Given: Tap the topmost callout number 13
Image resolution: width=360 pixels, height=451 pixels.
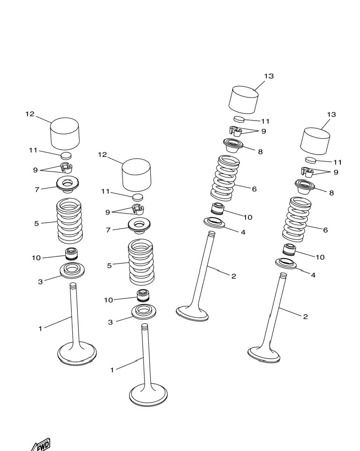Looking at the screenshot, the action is pos(269,76).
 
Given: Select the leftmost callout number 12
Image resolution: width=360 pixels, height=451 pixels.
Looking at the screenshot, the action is pos(30,114).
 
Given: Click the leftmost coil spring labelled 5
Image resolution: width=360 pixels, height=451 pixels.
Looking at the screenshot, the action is pos(69,221).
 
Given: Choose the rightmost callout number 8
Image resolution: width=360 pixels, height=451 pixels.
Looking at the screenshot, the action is pos(331,192).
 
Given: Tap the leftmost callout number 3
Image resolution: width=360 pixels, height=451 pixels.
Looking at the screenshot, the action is pos(40,282).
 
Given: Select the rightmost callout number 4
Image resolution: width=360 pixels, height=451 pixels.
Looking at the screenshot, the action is pos(313,275).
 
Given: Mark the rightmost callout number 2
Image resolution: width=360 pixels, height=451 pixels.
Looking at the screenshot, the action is pos(305,317).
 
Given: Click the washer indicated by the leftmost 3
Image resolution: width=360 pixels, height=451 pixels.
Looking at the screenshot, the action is pos(72,270).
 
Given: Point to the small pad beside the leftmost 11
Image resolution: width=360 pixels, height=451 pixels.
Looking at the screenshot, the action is pos(66,156).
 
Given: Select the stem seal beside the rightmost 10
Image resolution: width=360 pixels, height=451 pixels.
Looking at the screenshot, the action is pos(289,249).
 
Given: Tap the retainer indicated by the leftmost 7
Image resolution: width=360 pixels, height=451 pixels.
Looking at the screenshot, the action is pos(67,185).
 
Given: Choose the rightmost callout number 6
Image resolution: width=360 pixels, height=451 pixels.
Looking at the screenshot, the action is pos(325,230).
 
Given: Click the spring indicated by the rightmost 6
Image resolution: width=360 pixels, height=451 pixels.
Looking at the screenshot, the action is pos(296,219).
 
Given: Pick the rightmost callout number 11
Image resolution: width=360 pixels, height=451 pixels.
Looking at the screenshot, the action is pos(337,162).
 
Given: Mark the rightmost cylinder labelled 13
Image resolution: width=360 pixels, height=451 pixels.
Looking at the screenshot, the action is pos(315,141).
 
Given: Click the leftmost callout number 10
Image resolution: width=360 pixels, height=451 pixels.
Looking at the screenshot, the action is pos(36,258).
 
